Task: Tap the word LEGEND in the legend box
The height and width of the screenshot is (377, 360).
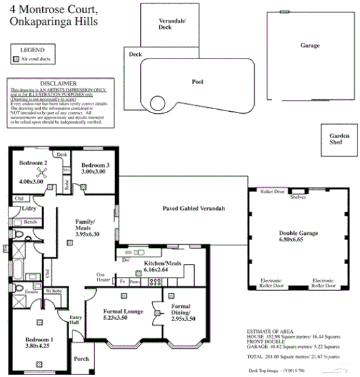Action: coord(33,49)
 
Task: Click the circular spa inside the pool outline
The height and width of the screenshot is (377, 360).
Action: coord(158,103)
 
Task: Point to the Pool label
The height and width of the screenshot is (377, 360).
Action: coord(197,83)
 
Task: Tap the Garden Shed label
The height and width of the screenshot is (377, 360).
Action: coord(340,139)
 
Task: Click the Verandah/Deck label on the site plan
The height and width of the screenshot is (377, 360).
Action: coord(173,25)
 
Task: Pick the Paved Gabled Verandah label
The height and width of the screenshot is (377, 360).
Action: coord(194,208)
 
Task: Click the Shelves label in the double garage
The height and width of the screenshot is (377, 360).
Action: coord(298,195)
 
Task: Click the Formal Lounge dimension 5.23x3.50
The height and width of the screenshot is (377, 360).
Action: coord(124,318)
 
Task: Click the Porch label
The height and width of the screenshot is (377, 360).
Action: coord(82,359)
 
